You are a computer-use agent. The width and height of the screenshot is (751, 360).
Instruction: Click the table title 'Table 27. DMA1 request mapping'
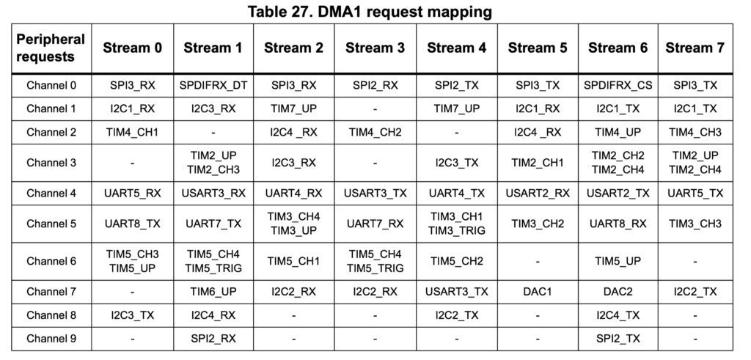tap(370, 11)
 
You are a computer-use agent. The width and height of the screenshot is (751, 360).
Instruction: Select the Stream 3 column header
tap(375, 48)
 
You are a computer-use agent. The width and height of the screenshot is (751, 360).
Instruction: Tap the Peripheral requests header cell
tap(51, 48)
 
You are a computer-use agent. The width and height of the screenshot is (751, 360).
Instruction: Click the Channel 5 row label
tap(51, 224)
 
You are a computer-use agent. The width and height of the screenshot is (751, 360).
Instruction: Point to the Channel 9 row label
tap(51, 339)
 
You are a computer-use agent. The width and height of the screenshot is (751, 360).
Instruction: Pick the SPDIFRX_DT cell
tap(213, 85)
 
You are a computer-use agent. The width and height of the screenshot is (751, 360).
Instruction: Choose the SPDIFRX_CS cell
tap(618, 85)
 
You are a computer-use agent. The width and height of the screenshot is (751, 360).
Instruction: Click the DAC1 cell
tap(538, 292)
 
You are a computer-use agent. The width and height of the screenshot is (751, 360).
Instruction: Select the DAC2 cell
tap(618, 292)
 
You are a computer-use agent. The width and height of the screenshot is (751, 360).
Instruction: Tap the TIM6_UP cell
tap(213, 292)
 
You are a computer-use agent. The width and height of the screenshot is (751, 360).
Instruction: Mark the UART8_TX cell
tap(132, 224)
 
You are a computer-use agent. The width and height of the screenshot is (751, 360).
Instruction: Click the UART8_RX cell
tap(618, 224)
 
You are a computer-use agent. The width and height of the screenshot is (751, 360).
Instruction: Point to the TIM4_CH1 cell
tap(132, 132)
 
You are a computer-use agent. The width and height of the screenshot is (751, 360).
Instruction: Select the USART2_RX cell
tap(538, 193)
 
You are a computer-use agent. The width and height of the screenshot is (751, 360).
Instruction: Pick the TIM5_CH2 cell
tap(456, 261)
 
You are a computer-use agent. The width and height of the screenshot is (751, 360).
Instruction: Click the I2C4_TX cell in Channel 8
tap(618, 315)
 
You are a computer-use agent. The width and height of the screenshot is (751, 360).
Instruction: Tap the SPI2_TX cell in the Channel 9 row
tap(618, 339)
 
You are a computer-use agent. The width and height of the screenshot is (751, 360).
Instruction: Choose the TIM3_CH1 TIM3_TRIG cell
tap(456, 224)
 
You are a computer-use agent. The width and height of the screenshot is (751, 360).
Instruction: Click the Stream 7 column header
tap(695, 48)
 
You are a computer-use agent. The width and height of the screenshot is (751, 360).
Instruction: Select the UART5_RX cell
tap(132, 193)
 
